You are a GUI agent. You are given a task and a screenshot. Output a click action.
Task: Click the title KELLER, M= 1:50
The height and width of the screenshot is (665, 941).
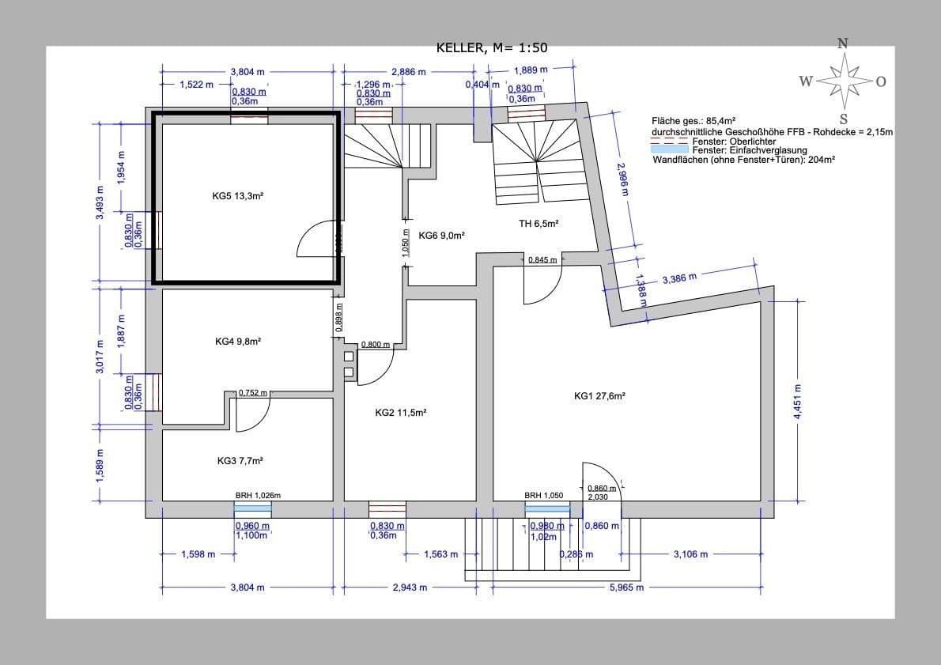click(491, 48)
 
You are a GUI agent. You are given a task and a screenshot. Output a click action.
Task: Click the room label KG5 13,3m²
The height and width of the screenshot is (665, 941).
click(237, 195)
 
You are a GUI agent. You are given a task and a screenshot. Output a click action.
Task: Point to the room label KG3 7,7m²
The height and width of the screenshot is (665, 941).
click(240, 460)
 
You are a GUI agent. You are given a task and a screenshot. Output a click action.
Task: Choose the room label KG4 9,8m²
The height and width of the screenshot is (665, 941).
click(238, 342)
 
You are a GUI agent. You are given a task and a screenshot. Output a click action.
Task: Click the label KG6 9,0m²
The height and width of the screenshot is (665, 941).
click(441, 235)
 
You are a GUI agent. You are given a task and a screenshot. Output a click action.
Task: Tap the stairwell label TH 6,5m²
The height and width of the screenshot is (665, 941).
click(539, 224)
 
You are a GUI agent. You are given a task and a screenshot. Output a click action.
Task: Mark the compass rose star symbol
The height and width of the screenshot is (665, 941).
click(844, 81)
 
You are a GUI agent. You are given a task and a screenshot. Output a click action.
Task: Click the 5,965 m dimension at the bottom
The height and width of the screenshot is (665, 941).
click(626, 588)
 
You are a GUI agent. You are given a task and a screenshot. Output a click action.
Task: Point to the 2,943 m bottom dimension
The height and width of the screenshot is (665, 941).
click(410, 588)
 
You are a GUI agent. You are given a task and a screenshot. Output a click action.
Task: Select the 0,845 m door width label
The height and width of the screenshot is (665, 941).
click(542, 259)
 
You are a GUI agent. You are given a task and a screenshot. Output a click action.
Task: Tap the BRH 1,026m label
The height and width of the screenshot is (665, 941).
click(258, 496)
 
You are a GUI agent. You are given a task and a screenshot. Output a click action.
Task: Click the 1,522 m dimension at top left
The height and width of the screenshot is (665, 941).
click(196, 84)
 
